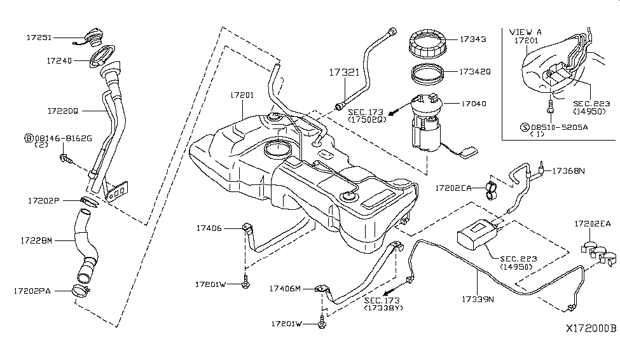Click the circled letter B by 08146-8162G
29,137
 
